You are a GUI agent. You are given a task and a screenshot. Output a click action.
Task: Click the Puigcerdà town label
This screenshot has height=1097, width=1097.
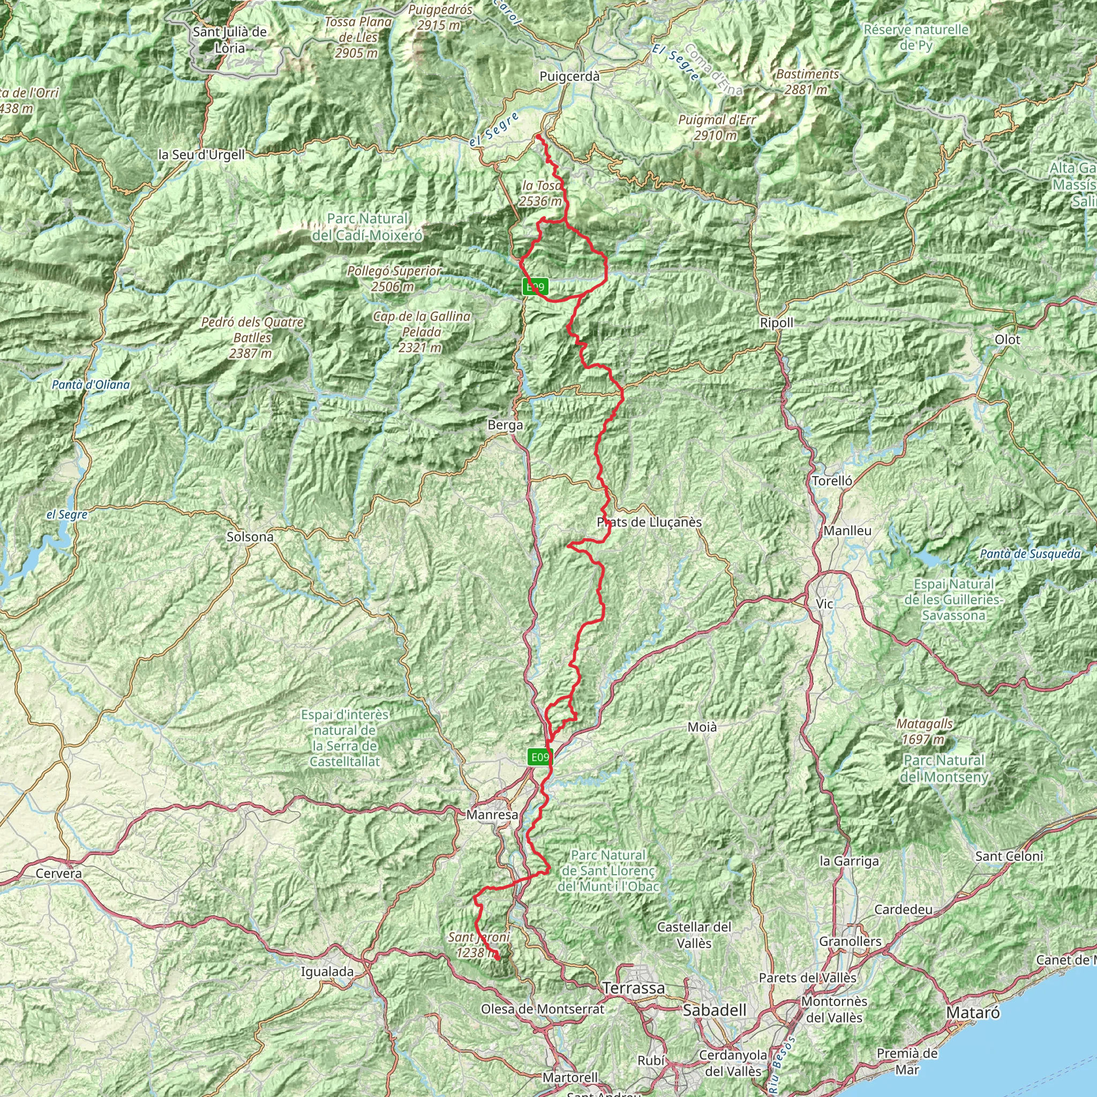click(x=569, y=76)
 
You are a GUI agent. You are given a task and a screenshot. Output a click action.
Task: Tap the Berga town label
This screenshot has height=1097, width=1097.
click(x=505, y=425)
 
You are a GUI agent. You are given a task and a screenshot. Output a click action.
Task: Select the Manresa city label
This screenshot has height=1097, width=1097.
click(x=492, y=815)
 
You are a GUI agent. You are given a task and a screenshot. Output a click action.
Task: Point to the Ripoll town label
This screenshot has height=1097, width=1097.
click(x=777, y=322)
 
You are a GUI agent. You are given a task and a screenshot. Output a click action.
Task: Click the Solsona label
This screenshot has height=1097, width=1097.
click(x=250, y=537)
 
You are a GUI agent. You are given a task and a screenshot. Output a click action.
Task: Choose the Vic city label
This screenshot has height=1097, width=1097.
click(x=824, y=604)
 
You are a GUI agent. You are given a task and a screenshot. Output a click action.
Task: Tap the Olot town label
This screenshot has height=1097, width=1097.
click(x=1008, y=340)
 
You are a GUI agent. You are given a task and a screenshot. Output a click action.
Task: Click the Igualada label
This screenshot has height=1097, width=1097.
click(x=327, y=972)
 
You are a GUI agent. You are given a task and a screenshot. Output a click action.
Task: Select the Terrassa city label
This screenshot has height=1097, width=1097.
click(x=634, y=988)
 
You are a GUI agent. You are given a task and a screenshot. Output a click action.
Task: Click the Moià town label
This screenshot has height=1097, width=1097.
click(x=702, y=727)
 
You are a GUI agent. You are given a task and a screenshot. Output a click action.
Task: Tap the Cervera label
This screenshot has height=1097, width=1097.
click(x=58, y=873)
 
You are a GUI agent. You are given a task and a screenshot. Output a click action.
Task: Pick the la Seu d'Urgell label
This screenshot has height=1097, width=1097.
click(x=201, y=154)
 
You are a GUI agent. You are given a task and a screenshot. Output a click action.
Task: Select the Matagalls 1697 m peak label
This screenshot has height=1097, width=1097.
click(x=925, y=731)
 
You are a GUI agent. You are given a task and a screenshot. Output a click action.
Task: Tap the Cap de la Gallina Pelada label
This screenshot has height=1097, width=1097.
click(x=422, y=332)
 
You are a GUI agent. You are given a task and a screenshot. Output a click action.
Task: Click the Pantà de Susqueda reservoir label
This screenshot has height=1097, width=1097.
click(x=1030, y=554)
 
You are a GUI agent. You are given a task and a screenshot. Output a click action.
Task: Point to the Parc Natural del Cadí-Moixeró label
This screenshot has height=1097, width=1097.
click(x=367, y=227)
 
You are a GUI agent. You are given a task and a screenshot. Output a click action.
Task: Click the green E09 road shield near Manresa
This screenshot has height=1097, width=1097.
click(x=539, y=757)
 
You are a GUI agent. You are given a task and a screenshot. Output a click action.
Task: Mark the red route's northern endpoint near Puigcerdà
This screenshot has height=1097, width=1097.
click(x=537, y=136)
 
